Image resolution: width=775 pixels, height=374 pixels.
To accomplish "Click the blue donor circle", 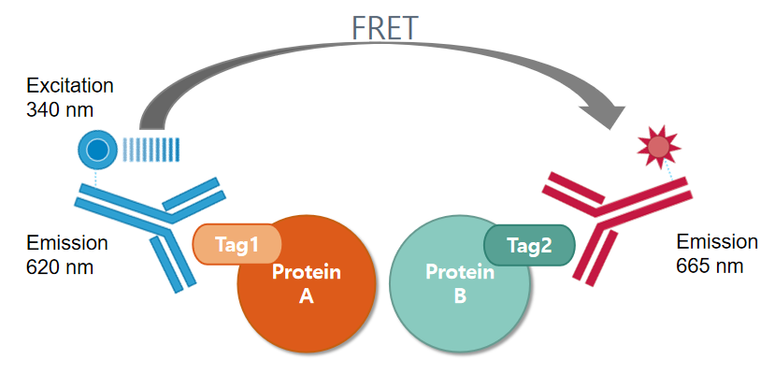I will pyautogui.click(x=96, y=149).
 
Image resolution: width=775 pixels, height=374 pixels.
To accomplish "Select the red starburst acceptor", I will pyautogui.click(x=659, y=146).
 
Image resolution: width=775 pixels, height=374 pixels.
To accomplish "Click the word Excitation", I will pyautogui.click(x=70, y=86).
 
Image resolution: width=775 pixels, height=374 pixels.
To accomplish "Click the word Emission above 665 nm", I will pyautogui.click(x=717, y=242).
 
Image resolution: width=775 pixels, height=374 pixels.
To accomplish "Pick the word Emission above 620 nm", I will pyautogui.click(x=67, y=243).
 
